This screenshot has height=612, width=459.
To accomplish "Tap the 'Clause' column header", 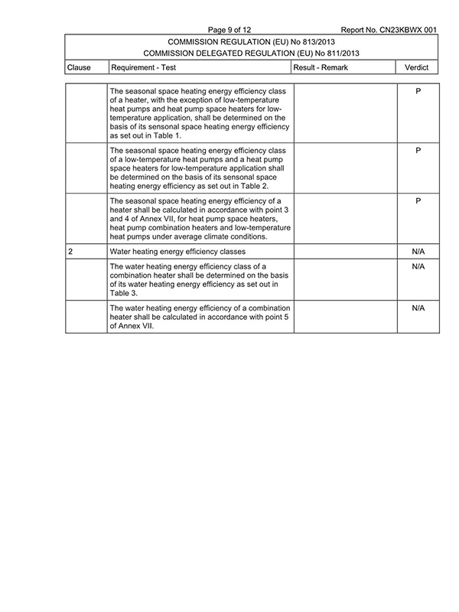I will [80, 67].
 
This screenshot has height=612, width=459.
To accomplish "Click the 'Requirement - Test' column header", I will [144, 67].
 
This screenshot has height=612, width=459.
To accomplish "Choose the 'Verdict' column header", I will [418, 67].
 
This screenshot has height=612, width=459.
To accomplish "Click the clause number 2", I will [70, 251].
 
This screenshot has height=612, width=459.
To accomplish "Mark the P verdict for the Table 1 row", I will [418, 92].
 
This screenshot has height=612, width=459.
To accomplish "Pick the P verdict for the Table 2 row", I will [418, 151].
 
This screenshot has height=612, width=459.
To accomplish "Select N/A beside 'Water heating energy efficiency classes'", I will [418, 251].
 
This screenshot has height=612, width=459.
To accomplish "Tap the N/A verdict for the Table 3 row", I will [418, 267].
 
